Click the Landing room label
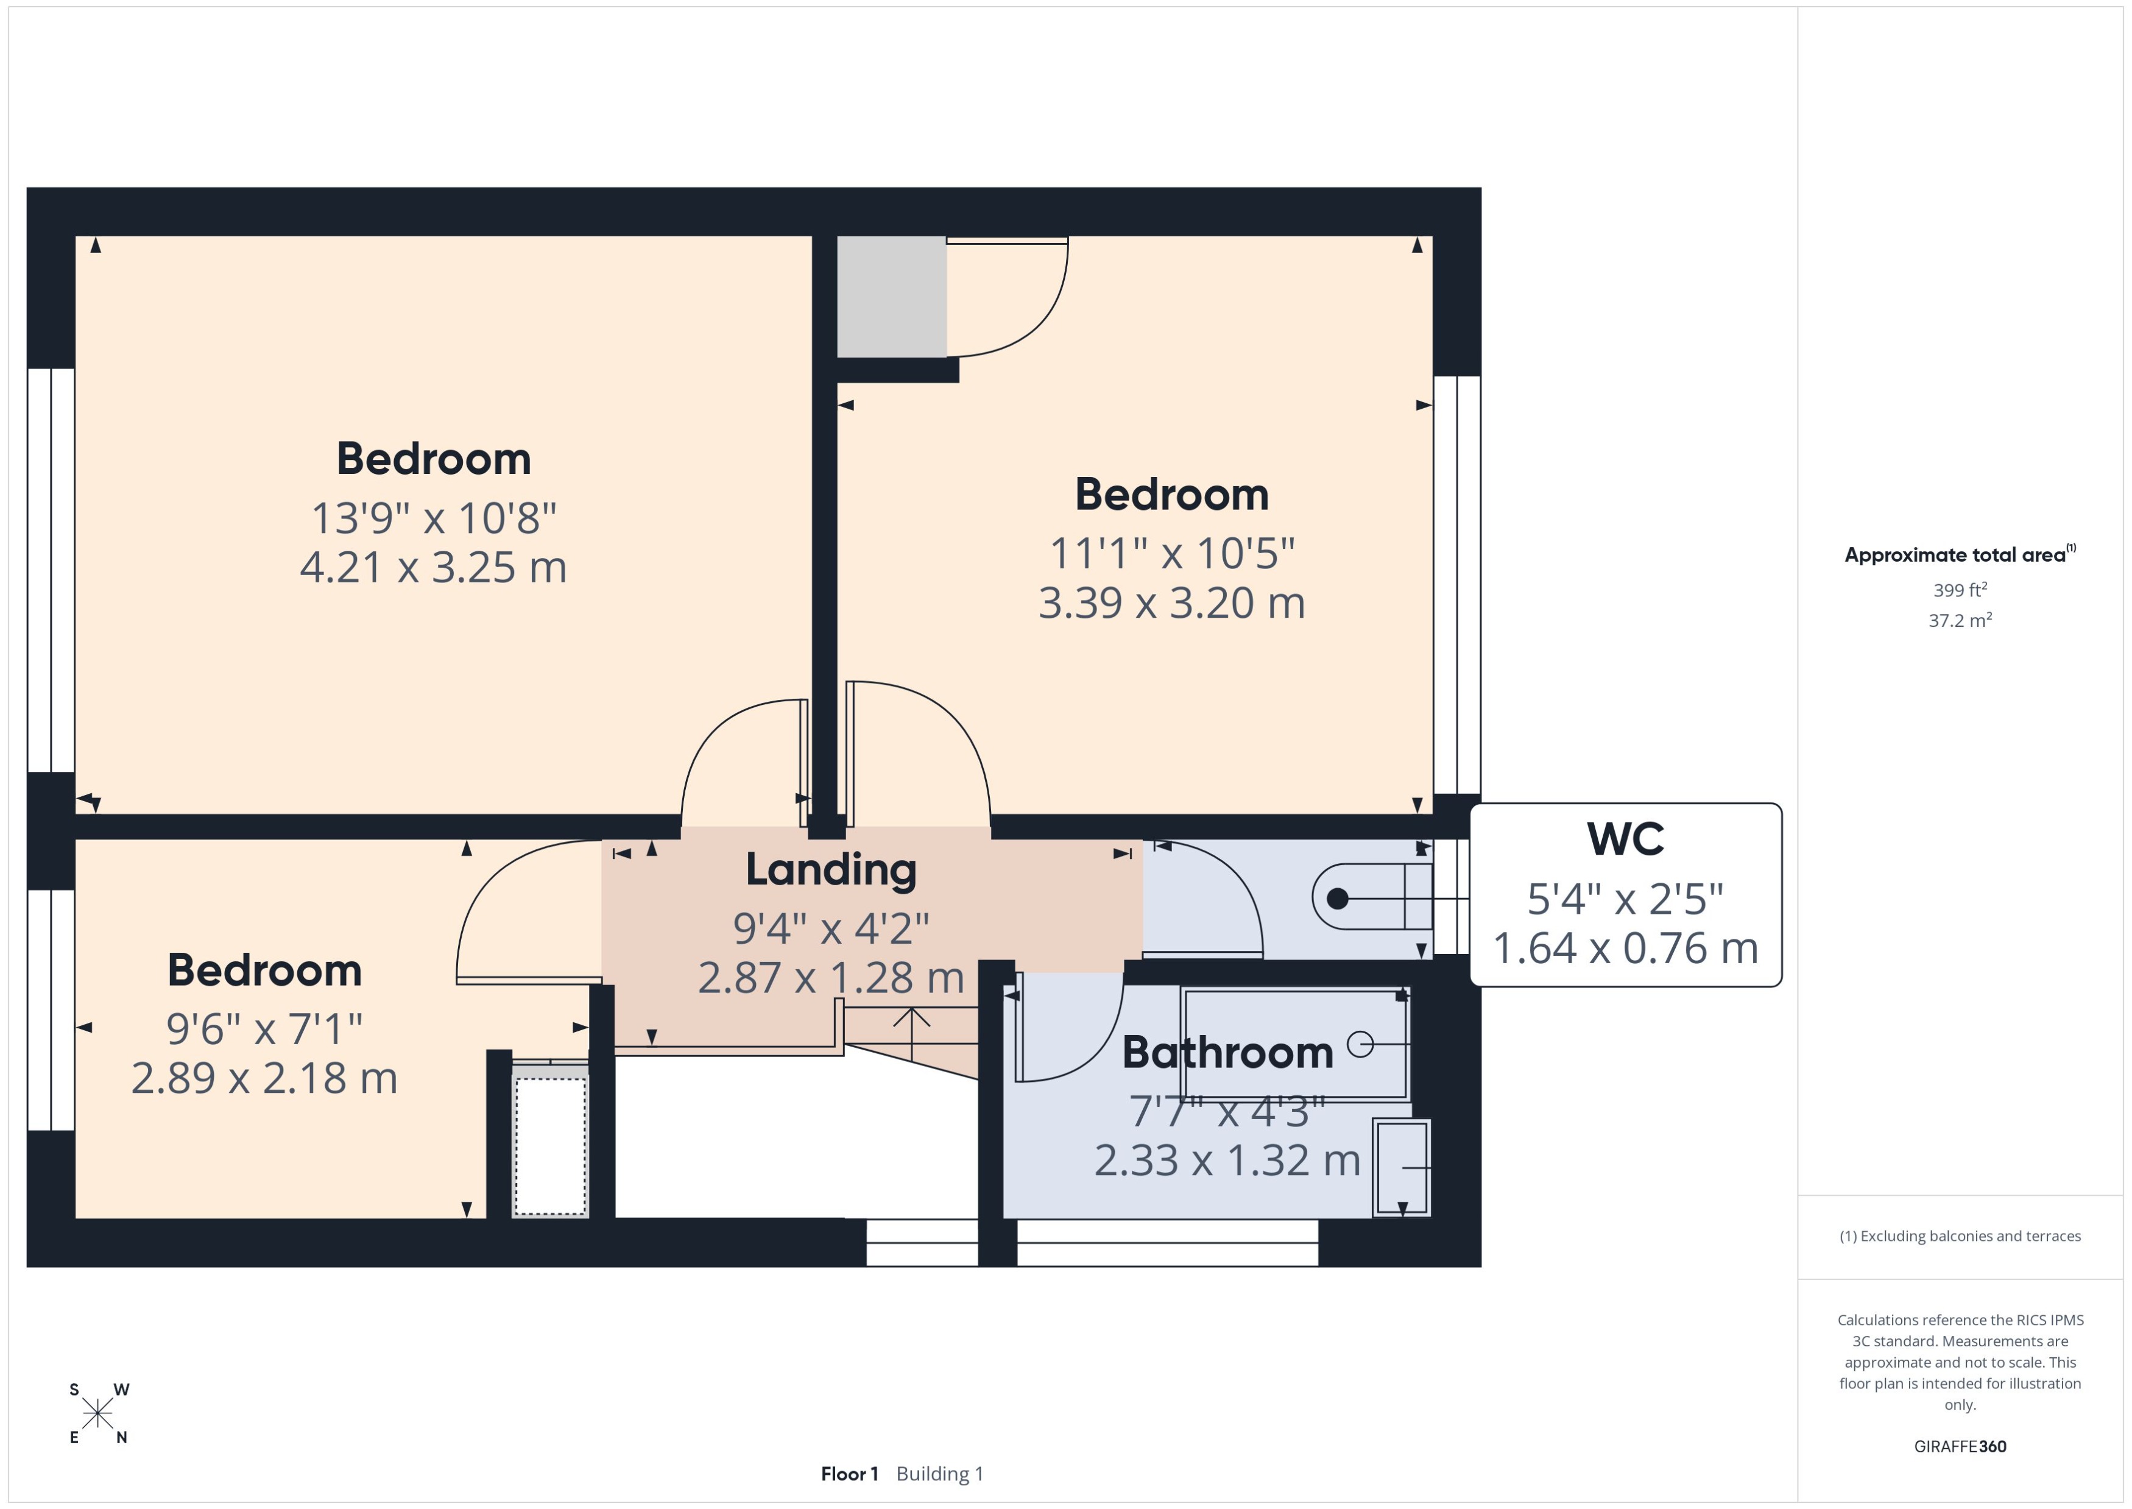(x=830, y=870)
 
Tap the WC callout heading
(x=1625, y=839)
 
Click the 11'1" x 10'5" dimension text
(x=1171, y=554)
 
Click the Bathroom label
(x=1227, y=1053)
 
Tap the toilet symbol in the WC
(x=1370, y=897)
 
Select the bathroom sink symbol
(x=1401, y=1168)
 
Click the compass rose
(x=97, y=1414)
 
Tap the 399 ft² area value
(x=1959, y=590)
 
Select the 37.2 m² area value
(x=1959, y=620)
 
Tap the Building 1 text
(x=939, y=1474)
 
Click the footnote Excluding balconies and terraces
(x=1959, y=1236)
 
